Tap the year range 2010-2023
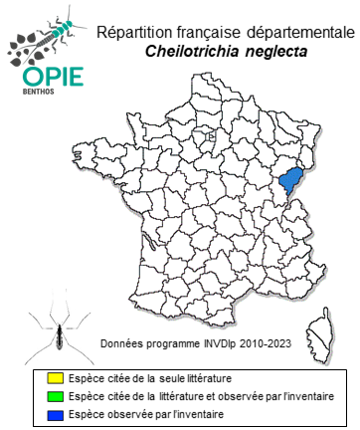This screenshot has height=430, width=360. coord(264,343)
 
